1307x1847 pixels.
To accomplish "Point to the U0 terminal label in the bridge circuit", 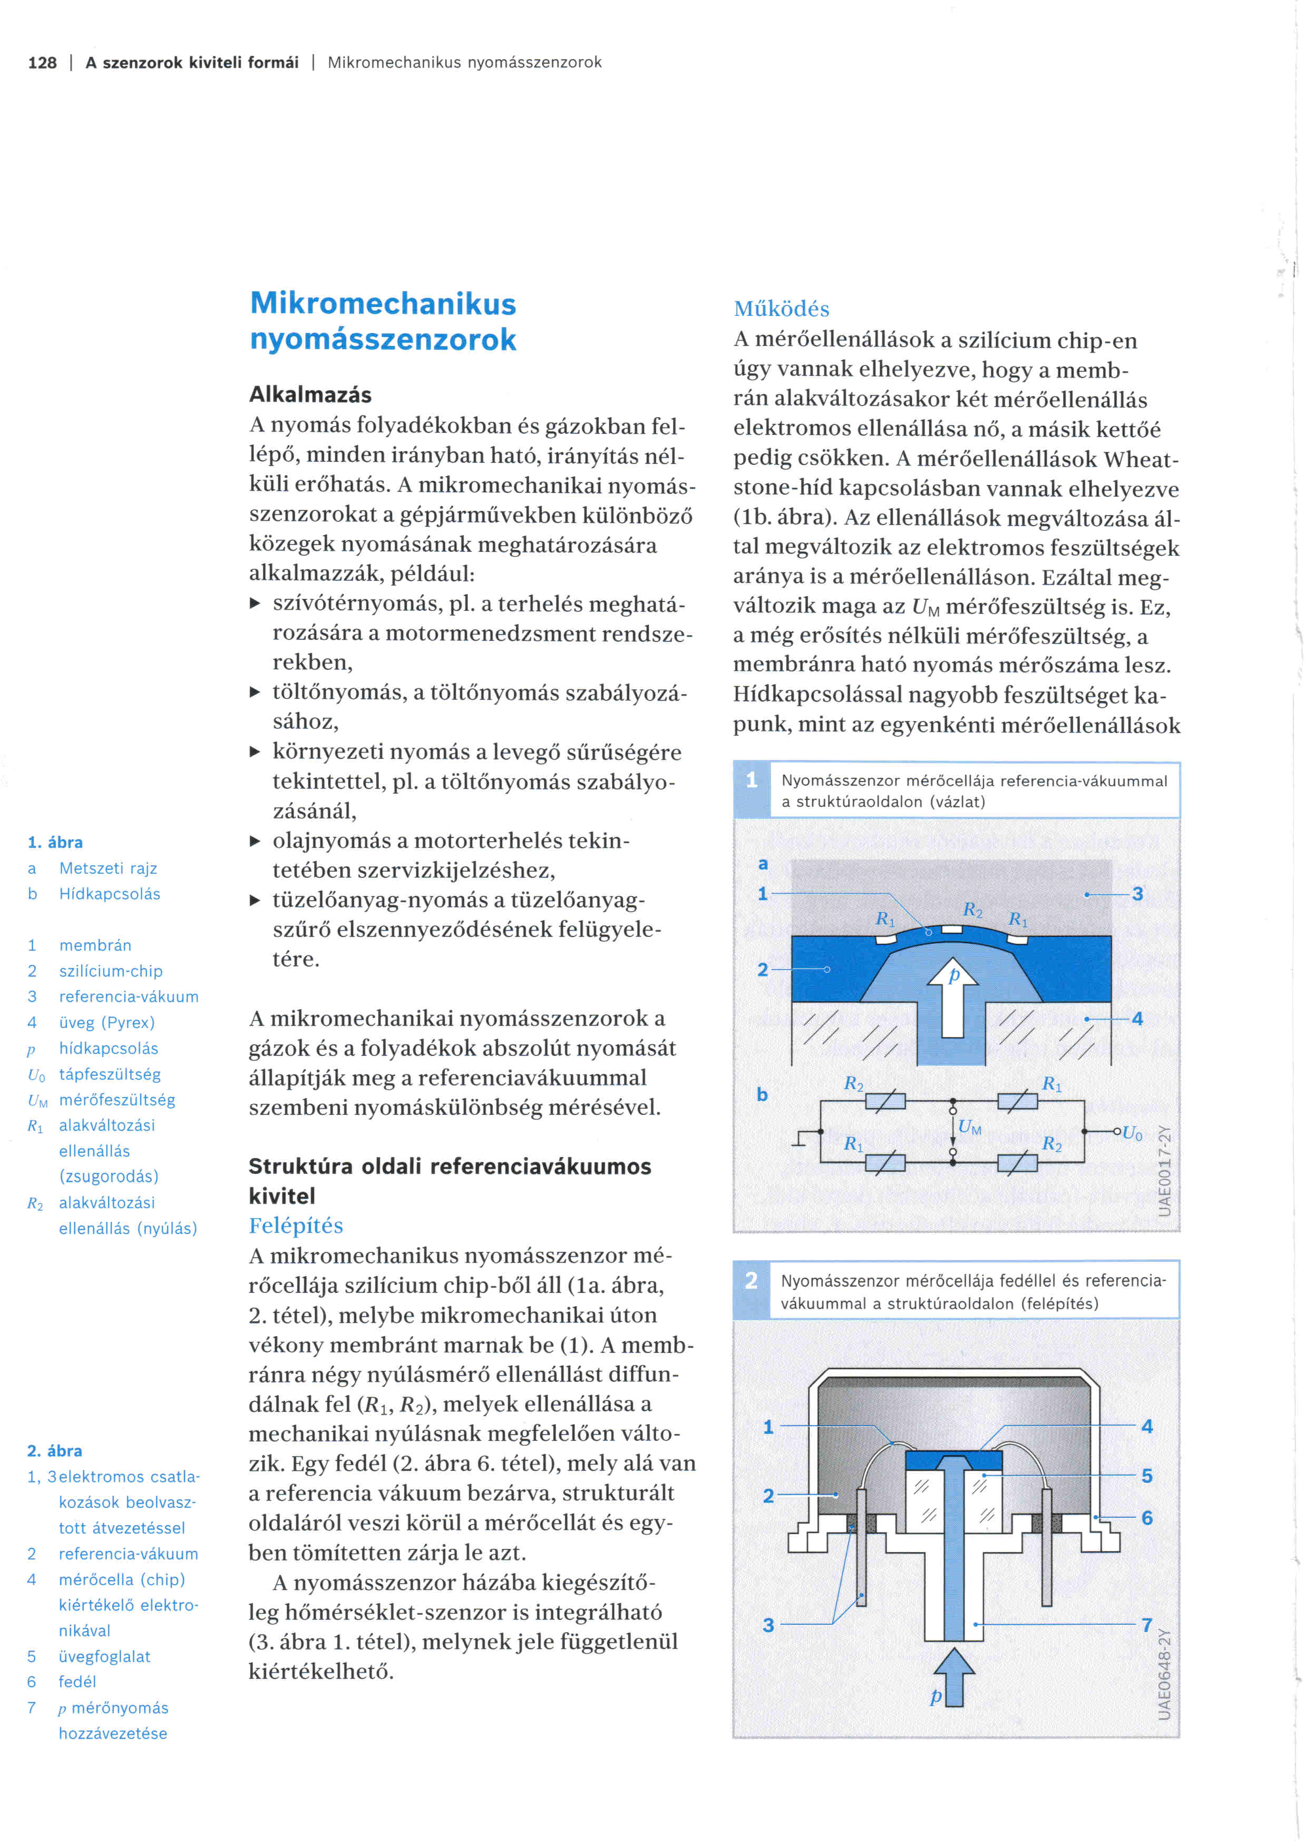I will tap(1133, 1133).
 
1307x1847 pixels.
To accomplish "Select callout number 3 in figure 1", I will tap(1138, 894).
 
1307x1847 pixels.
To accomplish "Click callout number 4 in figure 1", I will tap(1137, 1019).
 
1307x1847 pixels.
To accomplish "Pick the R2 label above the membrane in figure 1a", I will tap(972, 911).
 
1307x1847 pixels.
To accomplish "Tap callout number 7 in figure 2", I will tap(1147, 1624).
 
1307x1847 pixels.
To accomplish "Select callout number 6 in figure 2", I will tap(1147, 1517).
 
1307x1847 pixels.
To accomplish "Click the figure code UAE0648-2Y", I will tap(1164, 1673).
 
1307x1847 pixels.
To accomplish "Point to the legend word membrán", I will tap(95, 945).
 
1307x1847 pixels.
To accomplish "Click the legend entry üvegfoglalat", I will tap(105, 1656).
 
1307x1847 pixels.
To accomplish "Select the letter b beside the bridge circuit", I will tap(762, 1094).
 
